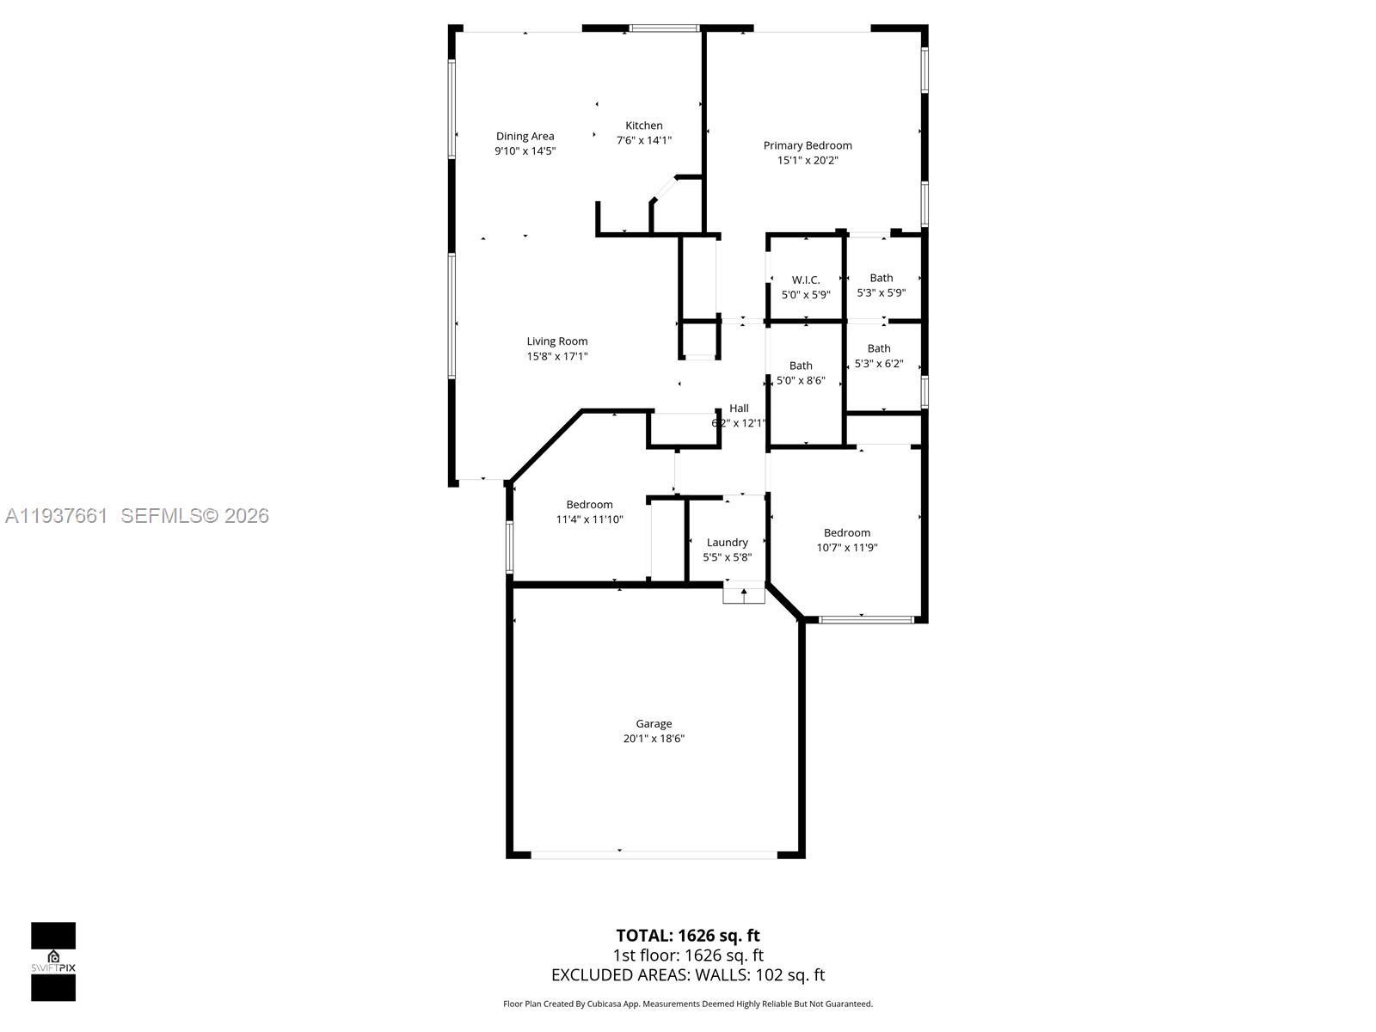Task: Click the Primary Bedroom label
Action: [x=808, y=145]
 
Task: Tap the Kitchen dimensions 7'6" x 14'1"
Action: [x=643, y=140]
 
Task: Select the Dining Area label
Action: [x=525, y=136]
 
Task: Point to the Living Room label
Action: [x=557, y=341]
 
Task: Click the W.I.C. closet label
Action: [x=806, y=279]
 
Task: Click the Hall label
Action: [x=739, y=408]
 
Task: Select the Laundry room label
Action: [x=727, y=542]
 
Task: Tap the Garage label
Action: [x=654, y=723]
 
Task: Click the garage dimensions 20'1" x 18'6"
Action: [x=654, y=739]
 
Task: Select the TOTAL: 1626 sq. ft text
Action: [x=687, y=935]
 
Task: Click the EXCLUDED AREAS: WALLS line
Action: [x=687, y=974]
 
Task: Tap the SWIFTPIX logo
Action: [x=53, y=961]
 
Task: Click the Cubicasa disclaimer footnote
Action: [x=687, y=1004]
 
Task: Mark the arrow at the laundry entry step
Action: [x=744, y=593]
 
